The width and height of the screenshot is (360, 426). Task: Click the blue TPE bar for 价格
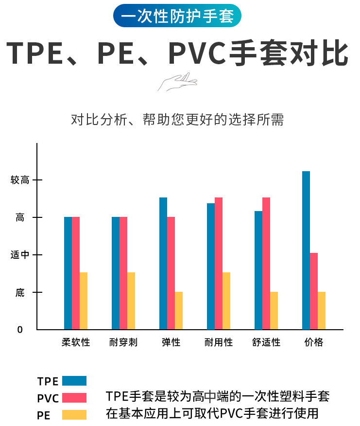coord(306,250)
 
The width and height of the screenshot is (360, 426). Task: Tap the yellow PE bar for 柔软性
coord(84,301)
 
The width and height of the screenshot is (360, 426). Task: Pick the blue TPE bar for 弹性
coord(163,263)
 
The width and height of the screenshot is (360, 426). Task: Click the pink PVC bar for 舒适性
coord(266,263)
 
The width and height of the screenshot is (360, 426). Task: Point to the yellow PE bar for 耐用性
coord(226,301)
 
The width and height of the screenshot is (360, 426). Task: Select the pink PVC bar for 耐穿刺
coord(123,273)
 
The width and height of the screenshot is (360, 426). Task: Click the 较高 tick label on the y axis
coord(20,180)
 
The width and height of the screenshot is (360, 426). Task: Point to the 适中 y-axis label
coord(20,255)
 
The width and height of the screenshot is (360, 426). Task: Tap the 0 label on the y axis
coord(20,330)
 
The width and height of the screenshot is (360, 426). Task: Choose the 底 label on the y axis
coord(20,292)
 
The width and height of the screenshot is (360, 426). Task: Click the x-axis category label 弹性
coord(171,342)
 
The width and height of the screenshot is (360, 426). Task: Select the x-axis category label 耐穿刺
coord(123,342)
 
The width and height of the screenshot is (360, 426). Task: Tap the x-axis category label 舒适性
coord(266,342)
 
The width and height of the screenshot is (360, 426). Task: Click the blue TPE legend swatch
coord(74,381)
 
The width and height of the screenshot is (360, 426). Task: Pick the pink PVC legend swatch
coord(74,398)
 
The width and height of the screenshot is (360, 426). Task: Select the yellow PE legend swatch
coord(74,415)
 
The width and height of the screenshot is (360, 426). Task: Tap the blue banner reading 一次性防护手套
coord(177,16)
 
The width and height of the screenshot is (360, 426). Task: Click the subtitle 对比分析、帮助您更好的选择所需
coord(177,120)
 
